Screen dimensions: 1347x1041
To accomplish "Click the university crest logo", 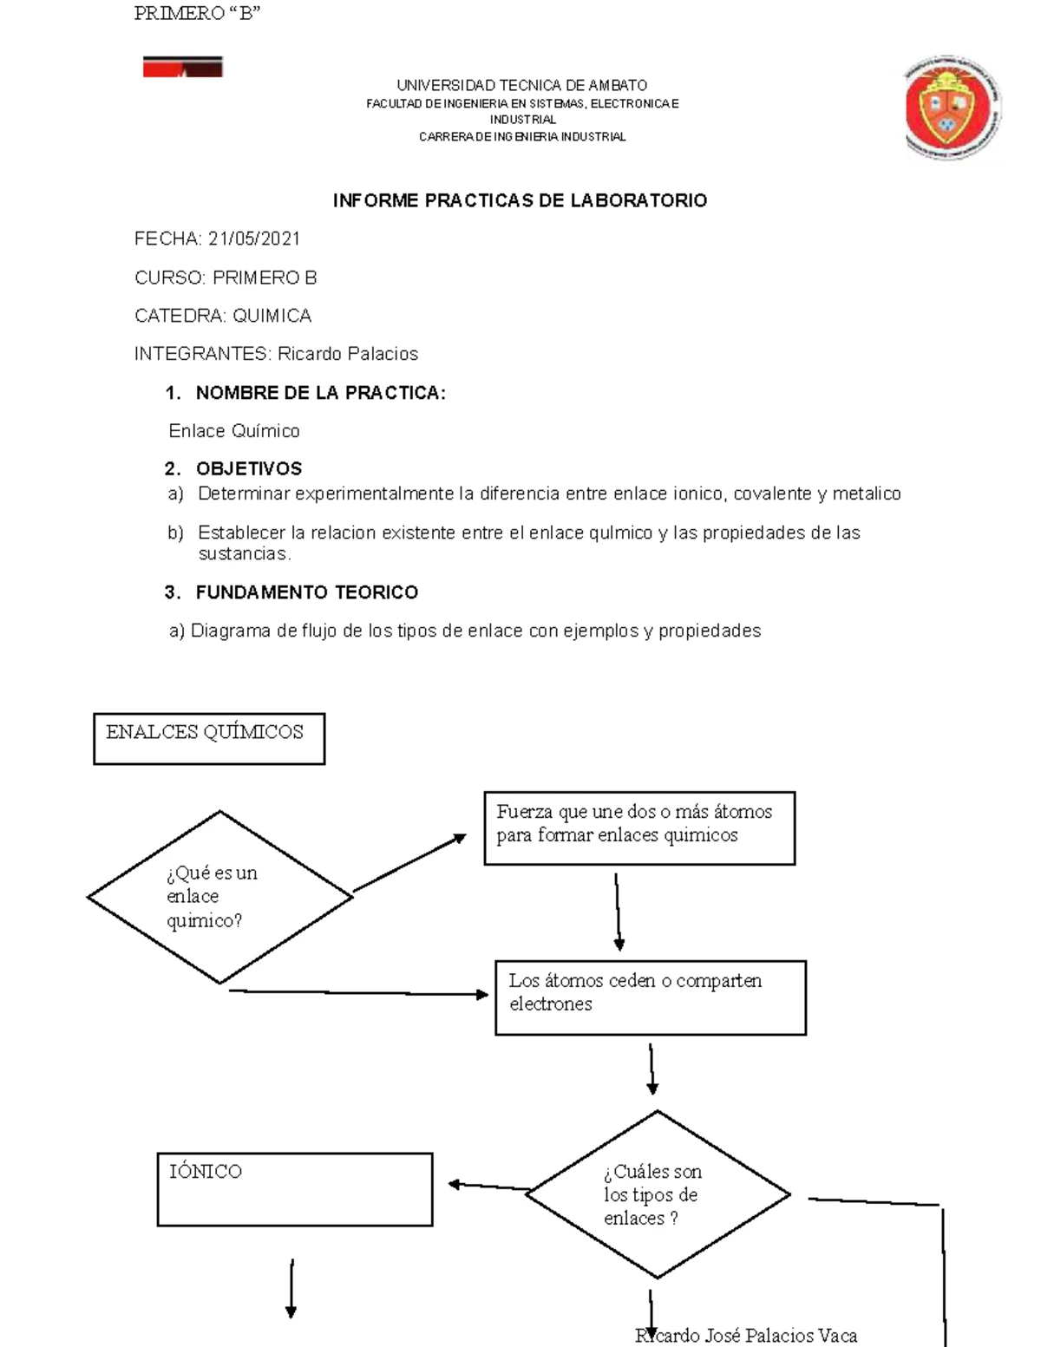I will (x=953, y=108).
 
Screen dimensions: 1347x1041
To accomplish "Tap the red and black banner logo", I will (x=183, y=67).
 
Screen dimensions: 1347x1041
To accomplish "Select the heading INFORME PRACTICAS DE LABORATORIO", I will (x=520, y=200).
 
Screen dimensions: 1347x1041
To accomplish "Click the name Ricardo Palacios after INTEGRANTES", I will (x=347, y=354).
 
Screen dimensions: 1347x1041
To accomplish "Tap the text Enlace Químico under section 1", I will (x=234, y=431).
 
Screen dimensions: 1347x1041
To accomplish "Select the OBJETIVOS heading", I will (x=248, y=469).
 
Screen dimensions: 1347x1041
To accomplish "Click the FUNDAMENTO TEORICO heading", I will (x=306, y=592).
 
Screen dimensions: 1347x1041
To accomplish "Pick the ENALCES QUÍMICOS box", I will (x=209, y=738).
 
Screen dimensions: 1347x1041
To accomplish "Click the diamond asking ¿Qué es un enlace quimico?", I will (x=219, y=897).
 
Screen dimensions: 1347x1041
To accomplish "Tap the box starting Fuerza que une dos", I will (x=639, y=827).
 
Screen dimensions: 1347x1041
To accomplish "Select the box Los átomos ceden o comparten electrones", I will (x=650, y=997).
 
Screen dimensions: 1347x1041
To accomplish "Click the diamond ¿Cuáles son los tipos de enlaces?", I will (x=657, y=1194).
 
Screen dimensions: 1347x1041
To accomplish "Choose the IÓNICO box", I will (x=294, y=1188).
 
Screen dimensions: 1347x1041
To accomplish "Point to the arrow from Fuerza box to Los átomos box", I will (x=618, y=912).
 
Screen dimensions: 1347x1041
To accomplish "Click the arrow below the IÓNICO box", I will (x=291, y=1288).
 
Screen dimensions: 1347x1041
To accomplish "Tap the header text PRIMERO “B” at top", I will (x=197, y=14).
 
